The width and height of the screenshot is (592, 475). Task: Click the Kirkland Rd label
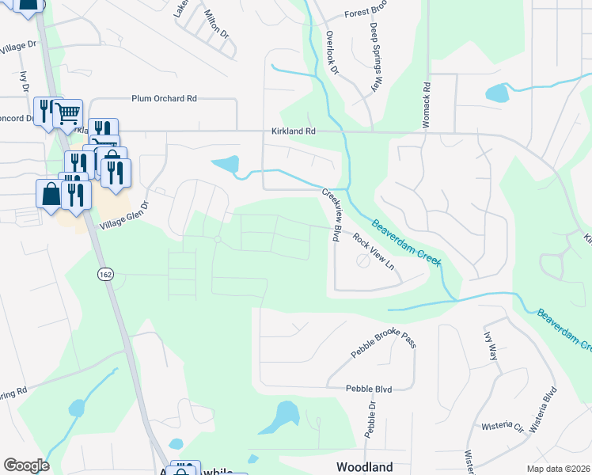293,132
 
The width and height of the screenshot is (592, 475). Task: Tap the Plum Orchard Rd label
164,99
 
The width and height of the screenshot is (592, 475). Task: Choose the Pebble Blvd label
369,389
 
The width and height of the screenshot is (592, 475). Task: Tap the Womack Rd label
426,97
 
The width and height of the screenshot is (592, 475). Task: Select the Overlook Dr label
332,53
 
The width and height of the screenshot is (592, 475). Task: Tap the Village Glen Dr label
123,215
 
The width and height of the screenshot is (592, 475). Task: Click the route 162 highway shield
104,274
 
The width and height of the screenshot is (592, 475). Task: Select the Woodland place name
364,467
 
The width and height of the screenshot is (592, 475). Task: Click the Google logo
26,465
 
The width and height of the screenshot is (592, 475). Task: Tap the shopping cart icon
68,113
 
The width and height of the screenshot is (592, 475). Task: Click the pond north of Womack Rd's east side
497,93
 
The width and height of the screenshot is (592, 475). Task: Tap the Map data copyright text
559,469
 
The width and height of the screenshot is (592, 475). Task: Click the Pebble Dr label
370,420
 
